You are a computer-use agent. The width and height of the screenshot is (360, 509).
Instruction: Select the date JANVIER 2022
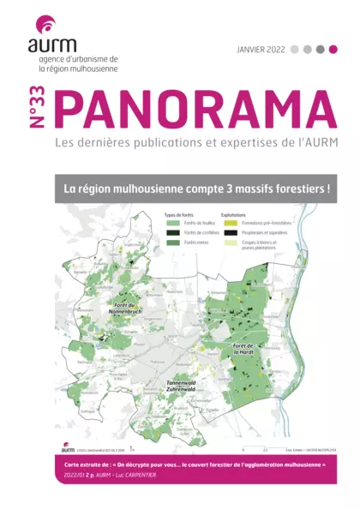point(261,50)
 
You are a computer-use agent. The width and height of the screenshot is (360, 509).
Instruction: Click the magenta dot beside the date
point(333,50)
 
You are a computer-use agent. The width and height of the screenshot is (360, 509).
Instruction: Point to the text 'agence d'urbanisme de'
point(80,59)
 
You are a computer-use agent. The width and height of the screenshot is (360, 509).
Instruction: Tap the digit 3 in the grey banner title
point(231,187)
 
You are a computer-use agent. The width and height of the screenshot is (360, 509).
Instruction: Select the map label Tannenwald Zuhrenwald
point(183,386)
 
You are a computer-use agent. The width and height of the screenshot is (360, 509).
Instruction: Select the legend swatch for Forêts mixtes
point(172,244)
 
